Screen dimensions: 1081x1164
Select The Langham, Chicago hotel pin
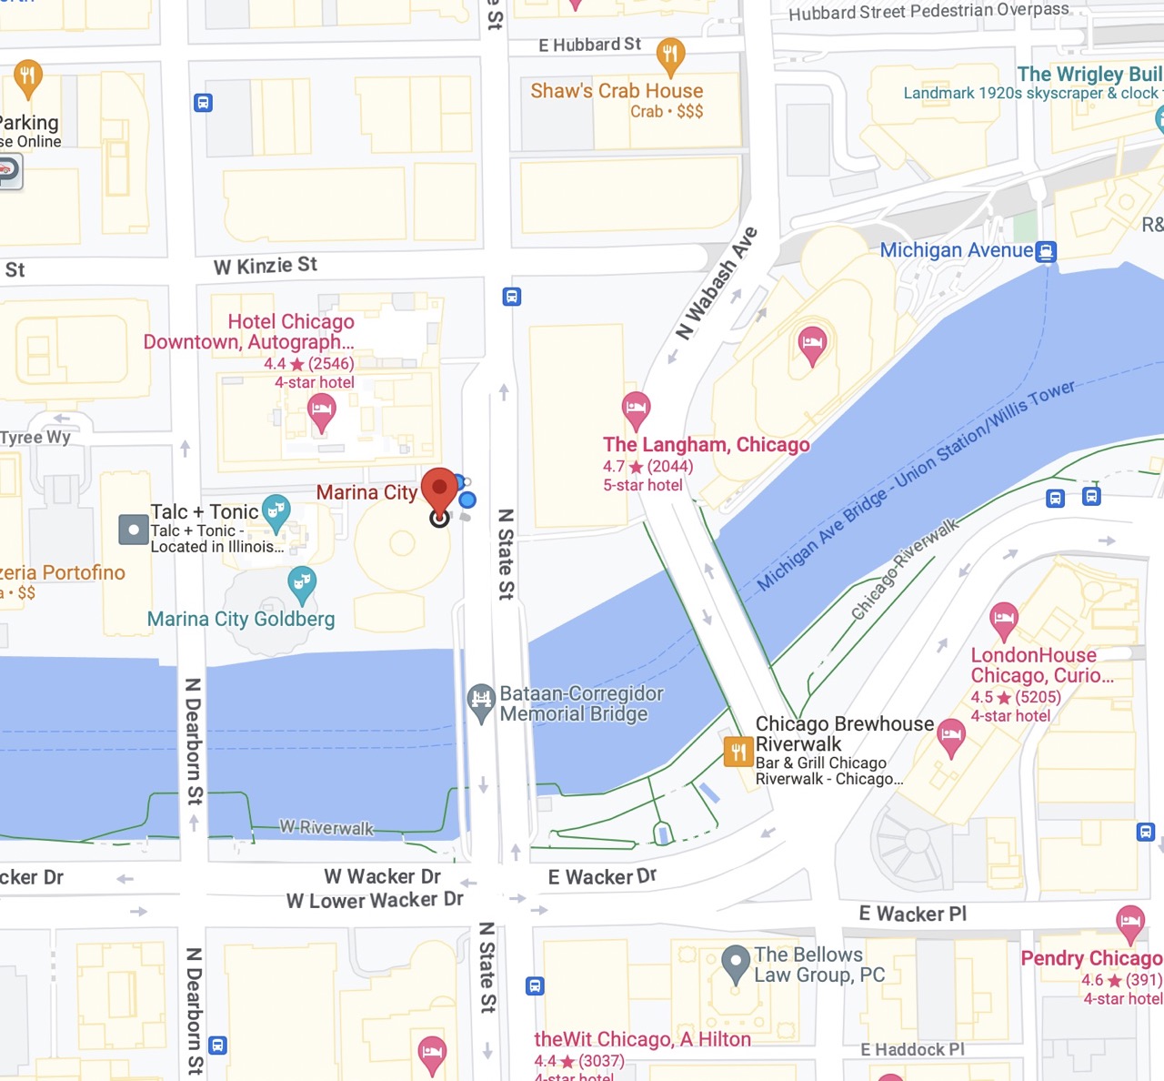point(636,409)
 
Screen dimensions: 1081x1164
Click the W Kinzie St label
point(266,266)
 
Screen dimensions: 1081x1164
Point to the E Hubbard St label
point(589,45)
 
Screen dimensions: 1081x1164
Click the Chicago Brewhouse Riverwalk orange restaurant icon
point(738,752)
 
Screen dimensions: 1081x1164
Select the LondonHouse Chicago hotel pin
point(1003,621)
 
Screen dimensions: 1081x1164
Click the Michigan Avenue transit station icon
point(1046,251)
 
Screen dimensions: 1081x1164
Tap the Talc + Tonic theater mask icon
point(276,511)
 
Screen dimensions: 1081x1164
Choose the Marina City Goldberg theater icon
point(301,583)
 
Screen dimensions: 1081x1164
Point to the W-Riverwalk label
point(326,827)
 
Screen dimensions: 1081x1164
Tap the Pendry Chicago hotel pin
point(1129,923)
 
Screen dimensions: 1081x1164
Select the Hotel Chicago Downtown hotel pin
point(320,411)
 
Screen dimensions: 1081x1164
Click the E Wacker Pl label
point(912,914)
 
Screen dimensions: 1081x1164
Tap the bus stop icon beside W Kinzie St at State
point(512,297)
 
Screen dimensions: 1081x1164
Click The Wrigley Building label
point(1089,74)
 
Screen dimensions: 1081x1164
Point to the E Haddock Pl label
point(912,1049)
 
